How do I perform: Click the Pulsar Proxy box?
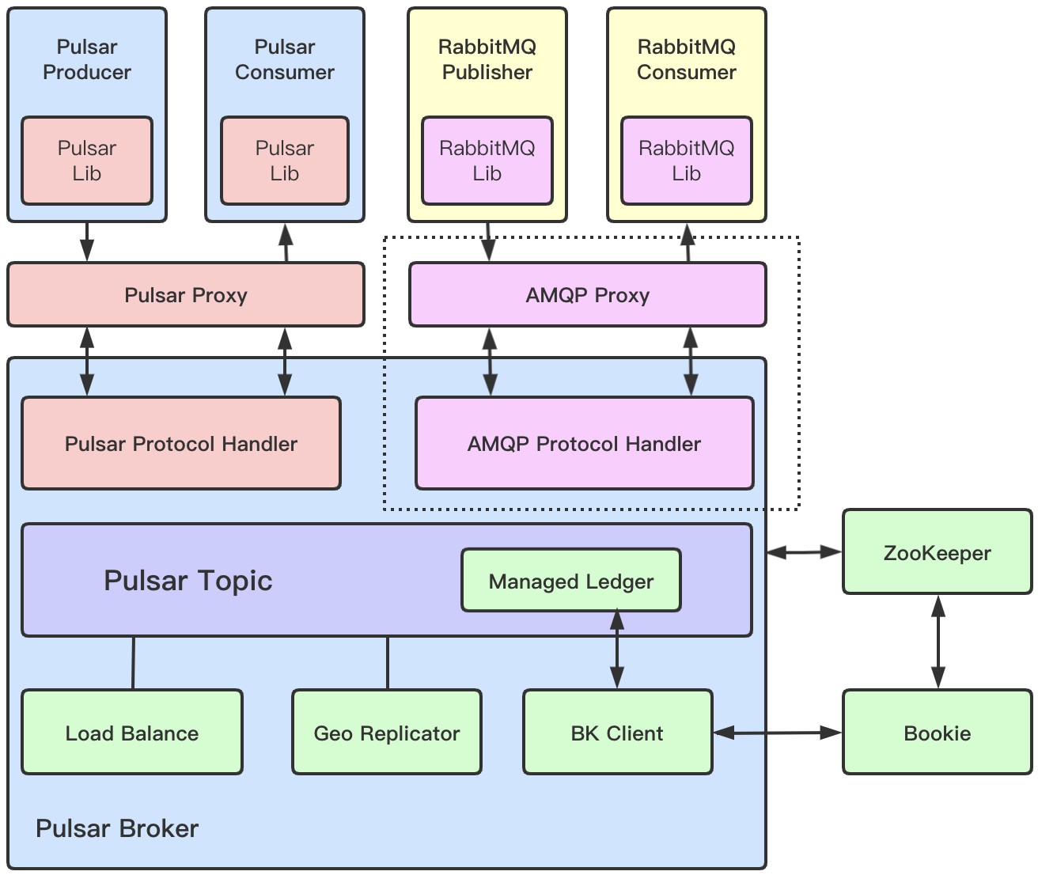[x=186, y=295]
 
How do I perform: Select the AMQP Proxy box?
[x=587, y=295]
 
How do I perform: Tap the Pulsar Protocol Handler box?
[x=181, y=444]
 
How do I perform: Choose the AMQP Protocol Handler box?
[x=584, y=444]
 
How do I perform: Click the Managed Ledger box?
[x=570, y=581]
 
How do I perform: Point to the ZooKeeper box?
[x=937, y=552]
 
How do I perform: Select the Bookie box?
[x=937, y=733]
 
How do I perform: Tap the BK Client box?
[x=617, y=733]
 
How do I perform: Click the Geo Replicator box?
[x=386, y=733]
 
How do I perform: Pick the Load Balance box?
[x=132, y=733]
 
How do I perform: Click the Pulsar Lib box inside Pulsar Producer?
[x=87, y=161]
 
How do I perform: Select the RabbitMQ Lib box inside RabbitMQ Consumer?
[x=686, y=161]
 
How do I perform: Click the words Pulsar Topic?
[x=188, y=581]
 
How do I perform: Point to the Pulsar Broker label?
[x=117, y=828]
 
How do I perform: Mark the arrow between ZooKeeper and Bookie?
[x=938, y=642]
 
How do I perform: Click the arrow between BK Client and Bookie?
[x=777, y=733]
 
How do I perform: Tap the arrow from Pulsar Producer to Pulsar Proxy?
[x=87, y=242]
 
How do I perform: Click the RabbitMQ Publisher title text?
[x=487, y=59]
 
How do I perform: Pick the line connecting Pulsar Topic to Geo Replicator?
[x=388, y=663]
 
